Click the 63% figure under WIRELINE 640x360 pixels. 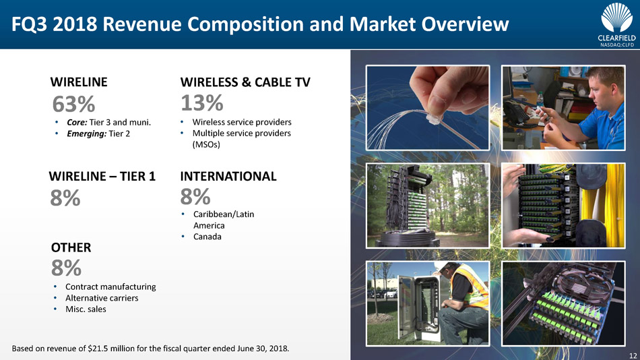point(73,104)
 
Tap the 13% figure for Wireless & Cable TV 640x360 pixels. point(202,102)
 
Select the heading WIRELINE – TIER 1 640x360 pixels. point(102,176)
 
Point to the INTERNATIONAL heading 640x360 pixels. point(228,176)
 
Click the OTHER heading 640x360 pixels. point(71,247)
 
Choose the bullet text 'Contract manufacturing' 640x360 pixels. point(110,287)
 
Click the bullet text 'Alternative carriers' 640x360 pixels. point(102,298)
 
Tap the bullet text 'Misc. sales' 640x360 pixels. point(86,309)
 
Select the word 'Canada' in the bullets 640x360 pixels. point(207,237)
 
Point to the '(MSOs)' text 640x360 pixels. point(206,145)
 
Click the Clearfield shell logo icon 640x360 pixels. point(616,18)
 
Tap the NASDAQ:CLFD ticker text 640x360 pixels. point(616,45)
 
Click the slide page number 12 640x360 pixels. point(633,355)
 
